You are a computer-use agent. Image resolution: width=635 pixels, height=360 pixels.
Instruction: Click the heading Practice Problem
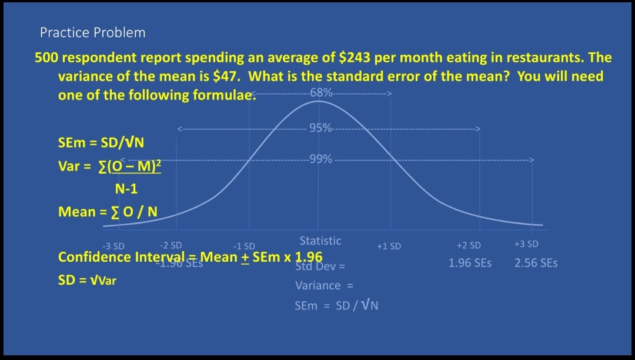coord(92,32)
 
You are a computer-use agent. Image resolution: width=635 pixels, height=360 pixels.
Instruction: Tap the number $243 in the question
coord(355,58)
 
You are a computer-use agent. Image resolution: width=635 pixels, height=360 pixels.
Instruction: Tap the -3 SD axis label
coord(113,246)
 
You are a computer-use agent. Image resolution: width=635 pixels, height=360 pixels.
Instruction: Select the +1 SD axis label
coord(389,246)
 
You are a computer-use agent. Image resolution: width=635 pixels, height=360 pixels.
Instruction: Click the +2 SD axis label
coord(469,245)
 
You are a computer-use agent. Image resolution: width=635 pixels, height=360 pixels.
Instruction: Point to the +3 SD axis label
coord(526,244)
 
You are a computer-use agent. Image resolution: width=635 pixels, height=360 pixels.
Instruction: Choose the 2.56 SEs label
coord(536,263)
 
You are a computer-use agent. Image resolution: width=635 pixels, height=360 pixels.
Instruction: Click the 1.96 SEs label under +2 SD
coord(470,263)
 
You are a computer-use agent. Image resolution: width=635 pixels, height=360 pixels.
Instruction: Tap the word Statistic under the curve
coord(320,241)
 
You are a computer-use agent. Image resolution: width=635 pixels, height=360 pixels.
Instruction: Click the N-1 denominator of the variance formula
coord(126,189)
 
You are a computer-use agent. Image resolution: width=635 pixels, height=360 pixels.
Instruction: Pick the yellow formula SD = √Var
coord(87,280)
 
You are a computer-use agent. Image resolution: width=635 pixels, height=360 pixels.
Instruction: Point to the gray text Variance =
coord(323,286)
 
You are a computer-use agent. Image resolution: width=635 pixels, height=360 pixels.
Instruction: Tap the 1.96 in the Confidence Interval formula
coord(308,257)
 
